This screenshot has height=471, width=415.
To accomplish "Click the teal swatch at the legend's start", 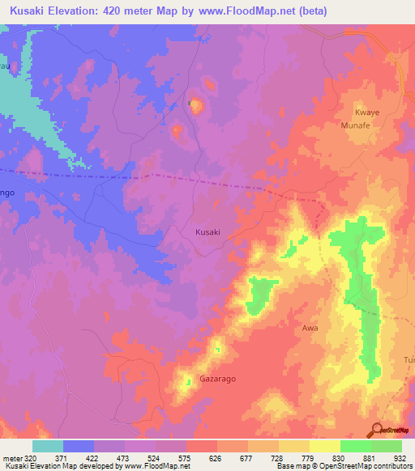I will (x=48, y=446).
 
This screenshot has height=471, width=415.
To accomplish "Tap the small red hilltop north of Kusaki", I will (x=209, y=83).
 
